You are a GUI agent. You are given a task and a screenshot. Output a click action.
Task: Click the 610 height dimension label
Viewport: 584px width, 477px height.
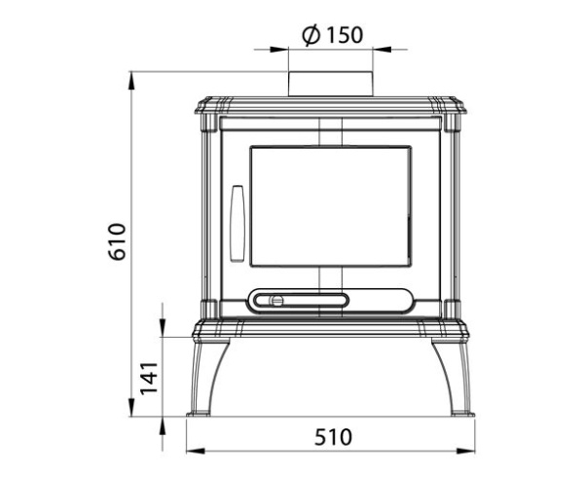(x=118, y=241)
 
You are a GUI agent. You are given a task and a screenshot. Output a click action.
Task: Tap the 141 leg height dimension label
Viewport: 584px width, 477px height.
(x=149, y=379)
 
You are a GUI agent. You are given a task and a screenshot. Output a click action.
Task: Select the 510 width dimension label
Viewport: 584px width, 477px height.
(x=333, y=437)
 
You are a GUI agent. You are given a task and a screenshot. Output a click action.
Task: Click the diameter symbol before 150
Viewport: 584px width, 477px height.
(x=311, y=35)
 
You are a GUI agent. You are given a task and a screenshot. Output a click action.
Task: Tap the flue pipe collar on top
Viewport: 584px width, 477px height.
(x=330, y=84)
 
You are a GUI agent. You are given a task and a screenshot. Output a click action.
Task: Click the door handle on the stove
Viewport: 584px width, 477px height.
(x=237, y=224)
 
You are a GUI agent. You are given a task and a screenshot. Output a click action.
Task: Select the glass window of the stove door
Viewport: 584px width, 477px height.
(x=330, y=206)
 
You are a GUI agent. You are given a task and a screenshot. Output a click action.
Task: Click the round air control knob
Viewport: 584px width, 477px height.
(x=277, y=300)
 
